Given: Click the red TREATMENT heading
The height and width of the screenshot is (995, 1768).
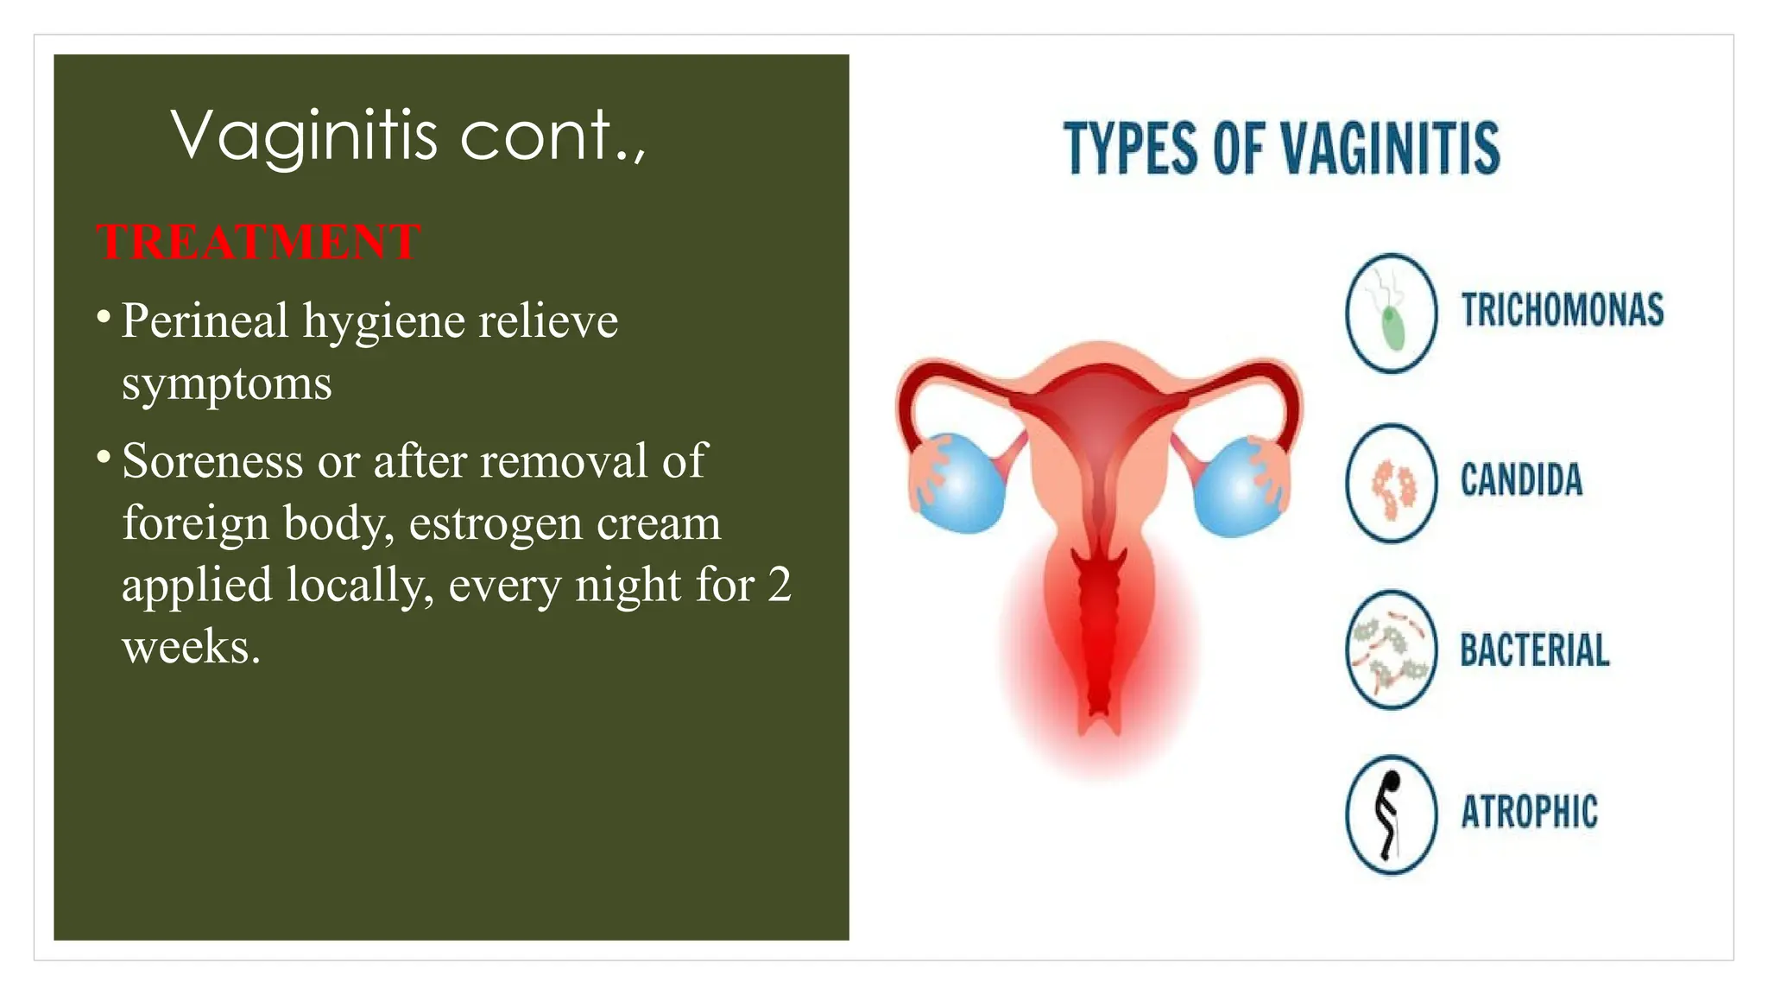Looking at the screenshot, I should click(258, 241).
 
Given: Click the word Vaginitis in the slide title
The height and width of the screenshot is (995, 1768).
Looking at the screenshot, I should click(305, 136).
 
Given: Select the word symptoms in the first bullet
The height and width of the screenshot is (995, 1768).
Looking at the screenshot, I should click(226, 383).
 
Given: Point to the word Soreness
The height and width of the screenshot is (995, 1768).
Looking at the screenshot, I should click(212, 460).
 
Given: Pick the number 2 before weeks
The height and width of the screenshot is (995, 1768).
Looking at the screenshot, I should click(779, 585).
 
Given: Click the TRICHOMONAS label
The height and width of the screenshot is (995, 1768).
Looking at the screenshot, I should click(1562, 310).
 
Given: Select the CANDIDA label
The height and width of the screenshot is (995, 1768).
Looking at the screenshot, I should click(1521, 480).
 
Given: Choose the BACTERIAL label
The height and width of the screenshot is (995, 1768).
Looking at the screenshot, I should click(1534, 650).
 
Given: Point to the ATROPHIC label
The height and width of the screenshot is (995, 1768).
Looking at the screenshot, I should click(1529, 812).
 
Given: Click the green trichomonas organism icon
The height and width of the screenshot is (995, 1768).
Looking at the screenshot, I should click(1392, 328).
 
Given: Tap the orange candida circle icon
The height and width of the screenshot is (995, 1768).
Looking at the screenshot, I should click(1391, 483).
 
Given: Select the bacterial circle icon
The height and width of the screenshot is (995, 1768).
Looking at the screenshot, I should click(1391, 650).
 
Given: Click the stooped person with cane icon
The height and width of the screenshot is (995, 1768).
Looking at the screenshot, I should click(1389, 814).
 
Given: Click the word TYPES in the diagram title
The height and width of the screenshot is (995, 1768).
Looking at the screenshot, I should click(1131, 149).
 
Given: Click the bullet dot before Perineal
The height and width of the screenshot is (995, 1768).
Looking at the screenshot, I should click(104, 318).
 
